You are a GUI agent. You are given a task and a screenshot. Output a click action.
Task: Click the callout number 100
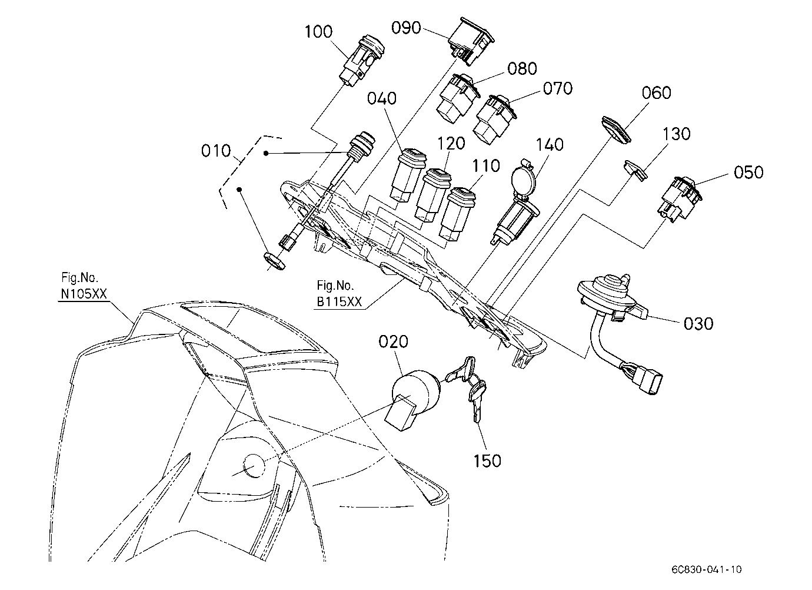pyautogui.click(x=318, y=32)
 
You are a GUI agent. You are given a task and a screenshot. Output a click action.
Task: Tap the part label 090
pyautogui.click(x=406, y=28)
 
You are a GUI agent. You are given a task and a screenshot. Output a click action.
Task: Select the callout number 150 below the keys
pyautogui.click(x=487, y=461)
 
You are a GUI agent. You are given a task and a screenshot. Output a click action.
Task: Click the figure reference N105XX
pyautogui.click(x=84, y=294)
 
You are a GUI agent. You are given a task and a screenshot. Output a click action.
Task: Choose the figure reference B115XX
pyautogui.click(x=340, y=302)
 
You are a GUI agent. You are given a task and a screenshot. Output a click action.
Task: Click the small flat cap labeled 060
pyautogui.click(x=616, y=130)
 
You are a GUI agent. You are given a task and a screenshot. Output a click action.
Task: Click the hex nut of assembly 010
pyautogui.click(x=274, y=261)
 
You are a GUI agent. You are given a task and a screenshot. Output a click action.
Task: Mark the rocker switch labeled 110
pyautogui.click(x=457, y=214)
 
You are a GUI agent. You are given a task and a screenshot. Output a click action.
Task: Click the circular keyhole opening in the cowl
pyautogui.click(x=254, y=466)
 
